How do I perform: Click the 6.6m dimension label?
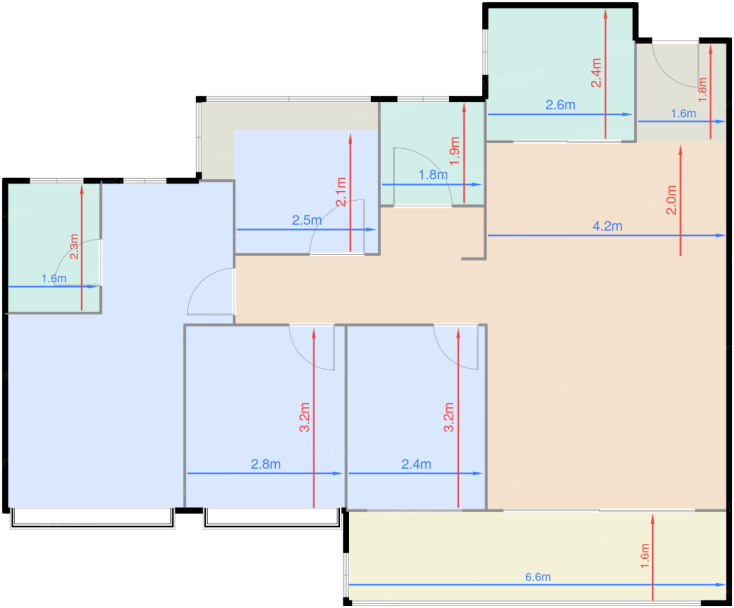(537, 577)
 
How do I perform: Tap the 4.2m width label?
(607, 226)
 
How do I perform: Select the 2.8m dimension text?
(265, 464)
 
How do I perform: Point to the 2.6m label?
(560, 105)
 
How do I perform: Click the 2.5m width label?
(307, 220)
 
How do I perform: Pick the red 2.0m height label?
(671, 200)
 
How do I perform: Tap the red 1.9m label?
(455, 151)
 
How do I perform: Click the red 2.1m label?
(341, 192)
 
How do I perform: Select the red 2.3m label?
(74, 246)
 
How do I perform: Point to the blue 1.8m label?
(433, 175)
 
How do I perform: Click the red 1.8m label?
(703, 90)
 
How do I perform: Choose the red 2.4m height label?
(596, 73)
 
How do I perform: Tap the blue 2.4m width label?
(416, 464)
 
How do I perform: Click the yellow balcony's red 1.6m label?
(644, 556)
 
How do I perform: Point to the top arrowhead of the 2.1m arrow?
(350, 138)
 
